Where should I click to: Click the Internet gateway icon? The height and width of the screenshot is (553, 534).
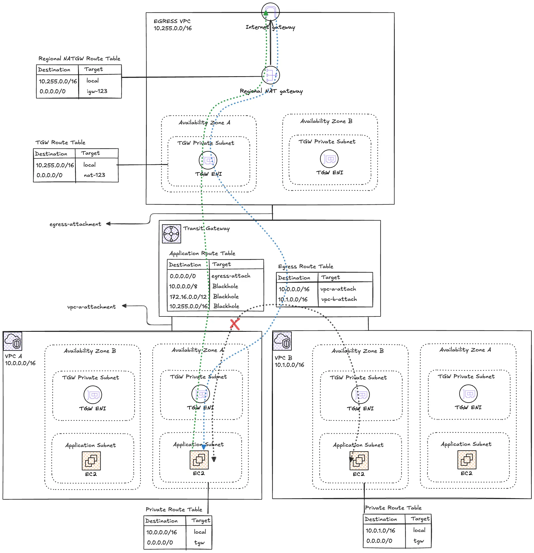270,12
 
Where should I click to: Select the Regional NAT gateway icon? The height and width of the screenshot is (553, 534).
270,75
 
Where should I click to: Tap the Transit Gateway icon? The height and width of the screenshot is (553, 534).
171,234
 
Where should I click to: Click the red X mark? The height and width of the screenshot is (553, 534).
235,324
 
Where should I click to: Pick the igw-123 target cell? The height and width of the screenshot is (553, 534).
97,91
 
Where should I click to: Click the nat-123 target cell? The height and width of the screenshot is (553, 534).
94,175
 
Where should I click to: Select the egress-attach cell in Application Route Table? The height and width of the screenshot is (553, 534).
231,276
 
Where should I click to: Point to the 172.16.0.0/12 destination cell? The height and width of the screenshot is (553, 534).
188,297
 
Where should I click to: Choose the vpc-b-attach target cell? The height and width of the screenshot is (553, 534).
339,299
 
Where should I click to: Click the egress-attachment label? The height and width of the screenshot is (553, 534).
75,224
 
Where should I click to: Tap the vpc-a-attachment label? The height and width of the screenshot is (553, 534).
91,307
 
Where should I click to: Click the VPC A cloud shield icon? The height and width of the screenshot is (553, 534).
13,341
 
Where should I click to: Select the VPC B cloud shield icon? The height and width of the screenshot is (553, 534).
282,341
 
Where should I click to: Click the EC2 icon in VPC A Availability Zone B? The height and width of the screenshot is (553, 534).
91,461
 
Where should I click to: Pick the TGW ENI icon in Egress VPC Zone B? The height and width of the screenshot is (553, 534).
329,159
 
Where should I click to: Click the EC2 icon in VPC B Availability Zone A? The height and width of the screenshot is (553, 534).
467,460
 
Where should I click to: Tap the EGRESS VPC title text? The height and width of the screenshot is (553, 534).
172,21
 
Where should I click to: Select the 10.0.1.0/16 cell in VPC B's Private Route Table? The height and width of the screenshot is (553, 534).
380,531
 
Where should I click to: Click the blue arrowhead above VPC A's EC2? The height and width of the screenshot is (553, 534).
204,447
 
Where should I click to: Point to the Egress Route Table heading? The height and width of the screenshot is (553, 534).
306,266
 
